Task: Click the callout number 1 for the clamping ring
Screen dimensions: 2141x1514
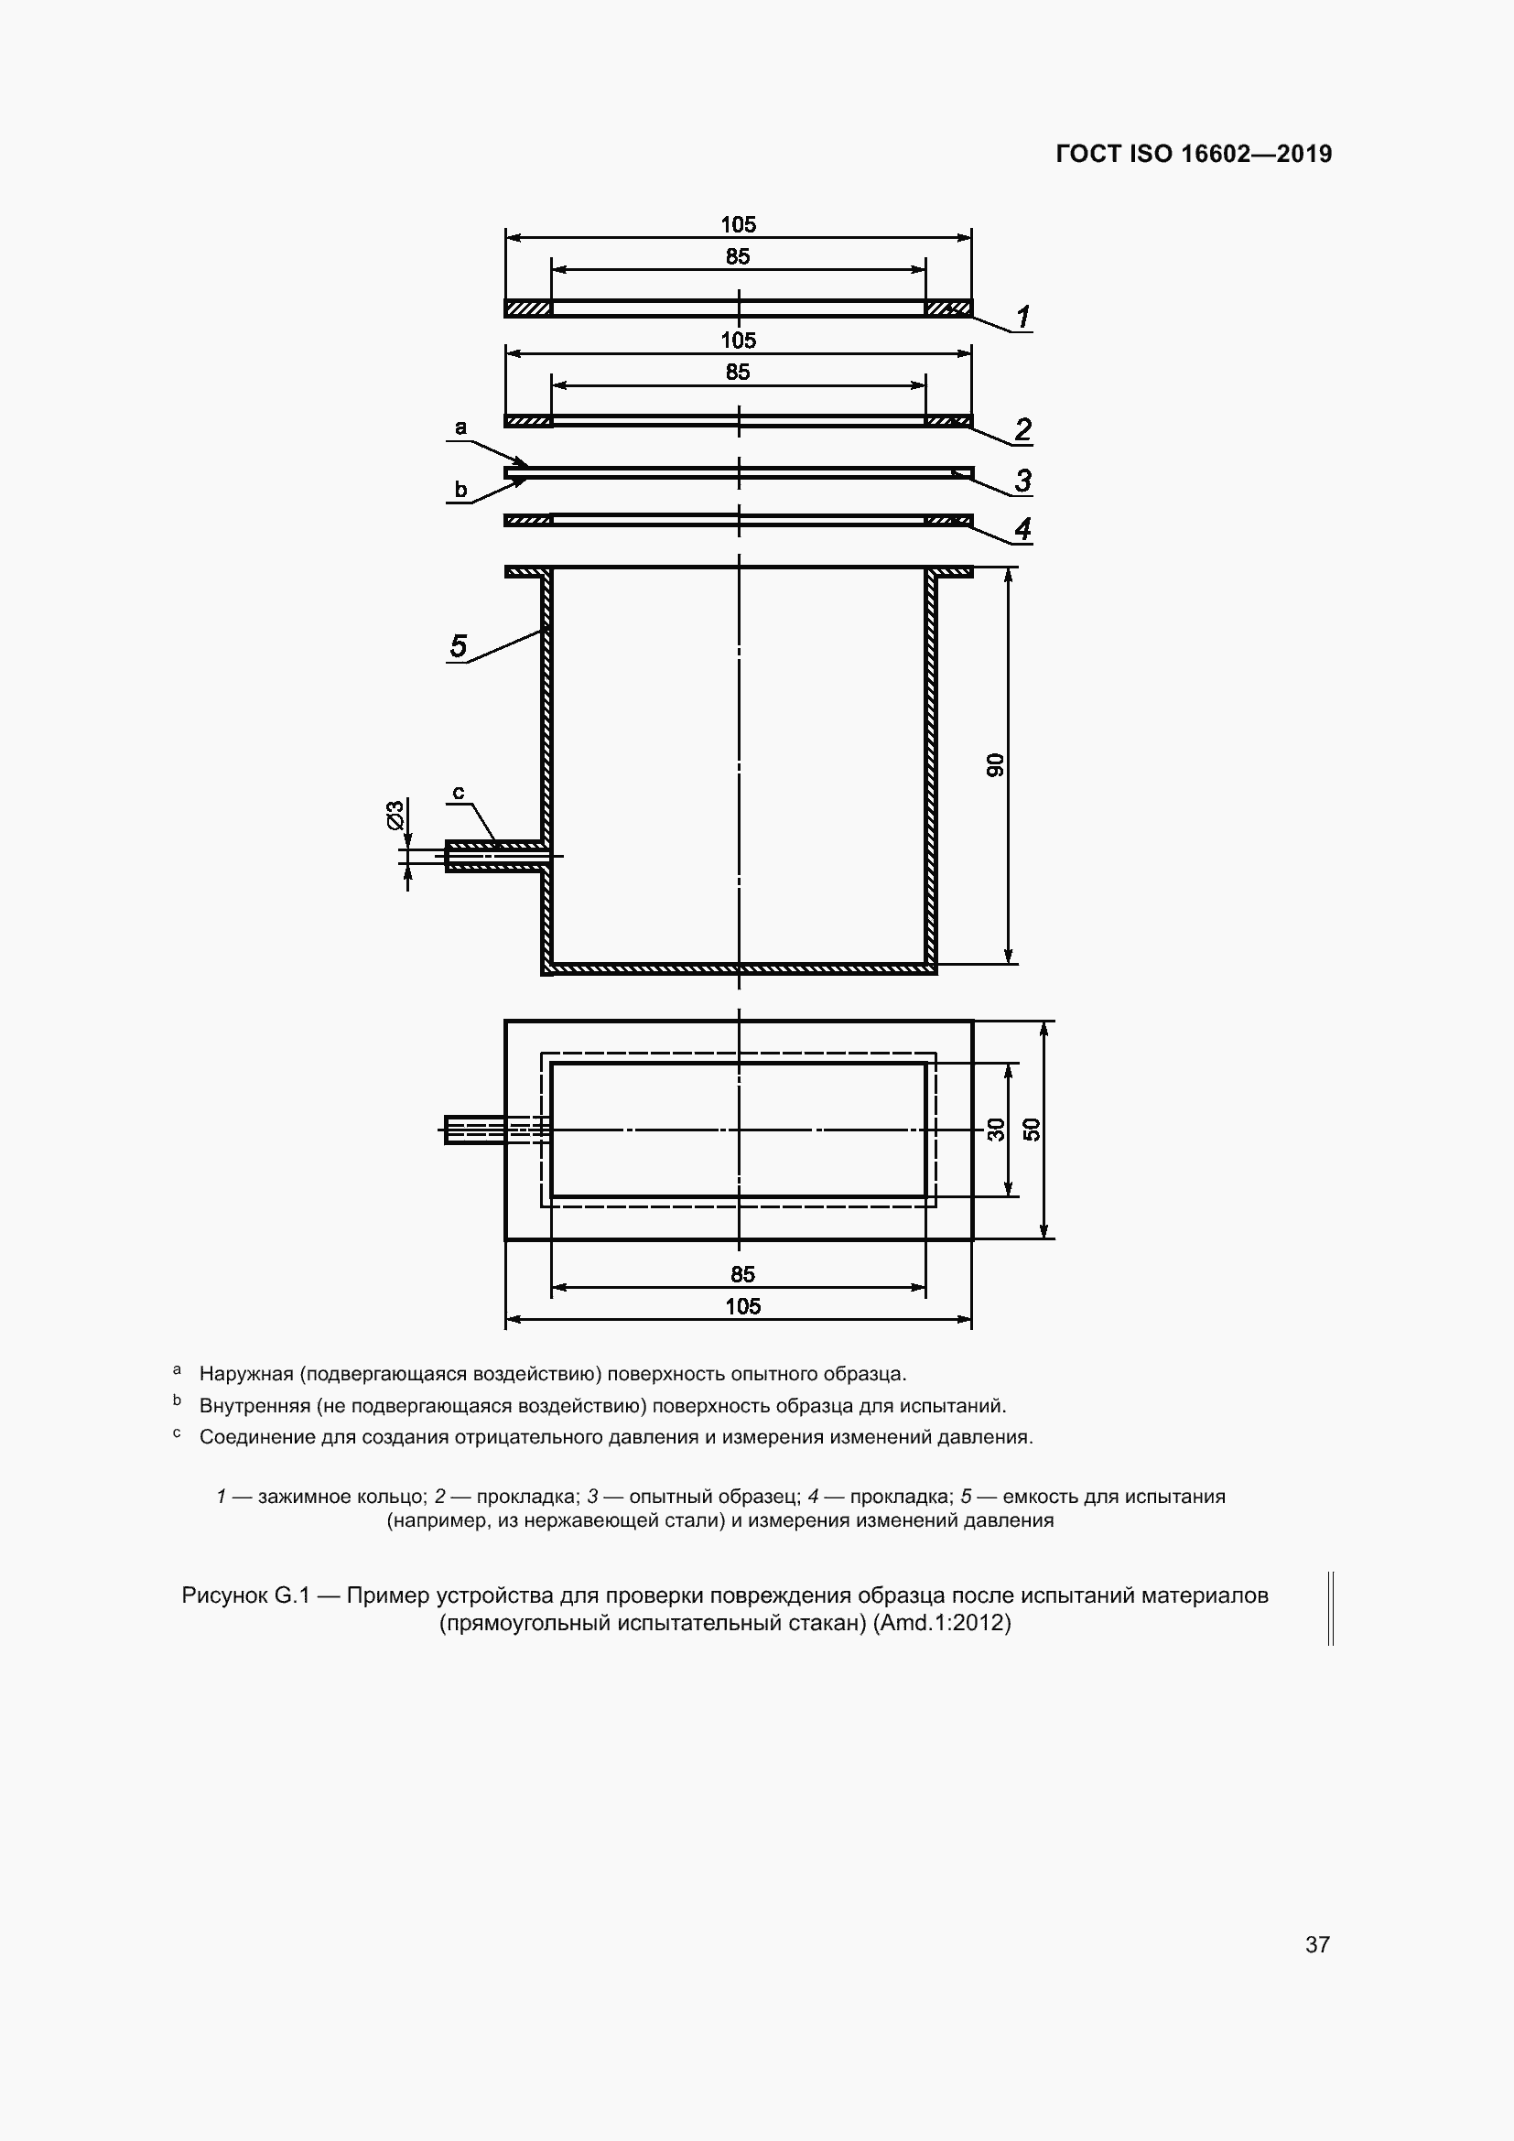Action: click(x=1022, y=317)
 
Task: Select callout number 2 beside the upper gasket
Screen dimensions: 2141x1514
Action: click(x=1022, y=429)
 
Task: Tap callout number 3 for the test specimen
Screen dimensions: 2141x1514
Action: click(x=1022, y=481)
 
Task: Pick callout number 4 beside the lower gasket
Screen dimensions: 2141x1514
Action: click(x=1022, y=529)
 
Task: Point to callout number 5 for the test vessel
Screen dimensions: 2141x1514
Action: click(x=458, y=645)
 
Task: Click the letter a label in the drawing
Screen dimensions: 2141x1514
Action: click(x=460, y=428)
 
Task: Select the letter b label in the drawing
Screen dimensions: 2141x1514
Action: click(x=460, y=490)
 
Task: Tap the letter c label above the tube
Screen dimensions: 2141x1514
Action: click(x=459, y=793)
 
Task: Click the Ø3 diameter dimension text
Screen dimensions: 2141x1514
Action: click(x=395, y=814)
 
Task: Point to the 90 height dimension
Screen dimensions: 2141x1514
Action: click(x=996, y=764)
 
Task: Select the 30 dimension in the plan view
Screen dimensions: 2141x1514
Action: click(x=996, y=1130)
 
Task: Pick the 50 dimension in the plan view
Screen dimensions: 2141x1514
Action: click(x=1031, y=1130)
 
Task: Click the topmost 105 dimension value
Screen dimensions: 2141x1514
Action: click(x=739, y=225)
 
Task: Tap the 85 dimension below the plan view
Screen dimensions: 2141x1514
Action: click(x=742, y=1274)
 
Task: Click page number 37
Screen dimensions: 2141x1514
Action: click(x=1317, y=1944)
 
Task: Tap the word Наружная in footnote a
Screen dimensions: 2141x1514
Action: click(x=246, y=1374)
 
